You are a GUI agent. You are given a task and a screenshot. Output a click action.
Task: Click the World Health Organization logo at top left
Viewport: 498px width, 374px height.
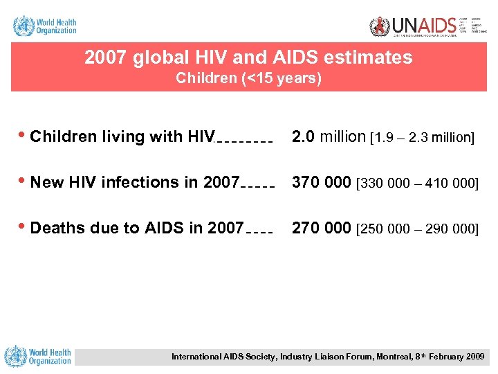tap(45, 26)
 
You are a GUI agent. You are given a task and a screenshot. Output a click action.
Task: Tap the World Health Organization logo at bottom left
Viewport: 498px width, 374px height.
tap(38, 356)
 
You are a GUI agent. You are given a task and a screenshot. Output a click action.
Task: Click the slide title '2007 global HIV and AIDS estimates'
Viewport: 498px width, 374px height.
tap(248, 57)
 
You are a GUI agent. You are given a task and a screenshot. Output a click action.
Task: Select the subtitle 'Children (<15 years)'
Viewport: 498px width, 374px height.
tap(248, 78)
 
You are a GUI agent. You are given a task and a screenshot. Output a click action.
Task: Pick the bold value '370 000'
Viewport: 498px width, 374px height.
tap(322, 182)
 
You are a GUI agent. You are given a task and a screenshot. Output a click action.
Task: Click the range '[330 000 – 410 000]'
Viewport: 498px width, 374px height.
tap(417, 184)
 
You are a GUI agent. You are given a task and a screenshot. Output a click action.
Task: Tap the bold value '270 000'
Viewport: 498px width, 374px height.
tap(322, 228)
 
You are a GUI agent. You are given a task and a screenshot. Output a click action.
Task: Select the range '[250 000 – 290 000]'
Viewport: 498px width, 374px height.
tap(417, 229)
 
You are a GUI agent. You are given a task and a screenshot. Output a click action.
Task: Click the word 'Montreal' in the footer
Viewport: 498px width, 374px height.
tap(373, 357)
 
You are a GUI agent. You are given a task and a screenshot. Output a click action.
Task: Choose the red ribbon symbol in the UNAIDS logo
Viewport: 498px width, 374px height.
tap(380, 26)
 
